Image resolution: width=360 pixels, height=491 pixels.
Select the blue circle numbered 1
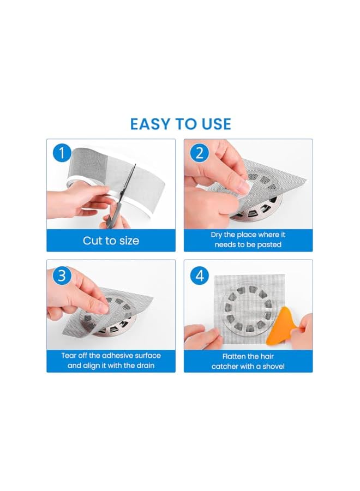pos(62,153)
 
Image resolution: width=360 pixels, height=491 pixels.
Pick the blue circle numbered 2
pos(200,153)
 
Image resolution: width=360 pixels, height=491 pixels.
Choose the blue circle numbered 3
pos(62,276)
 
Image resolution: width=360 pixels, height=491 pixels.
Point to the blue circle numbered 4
pos(200,276)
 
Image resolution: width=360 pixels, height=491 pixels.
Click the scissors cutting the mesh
pos(121,197)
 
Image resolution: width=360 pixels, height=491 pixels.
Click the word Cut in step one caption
pos(93,241)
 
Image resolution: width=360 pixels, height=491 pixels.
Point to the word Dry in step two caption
pos(217,235)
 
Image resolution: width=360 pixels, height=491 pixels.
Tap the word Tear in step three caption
pos(69,355)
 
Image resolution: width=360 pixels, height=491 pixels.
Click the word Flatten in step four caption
pos(234,356)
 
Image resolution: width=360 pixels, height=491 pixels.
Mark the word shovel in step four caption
pos(273,367)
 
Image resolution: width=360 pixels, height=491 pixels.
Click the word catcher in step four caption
pos(224,367)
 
